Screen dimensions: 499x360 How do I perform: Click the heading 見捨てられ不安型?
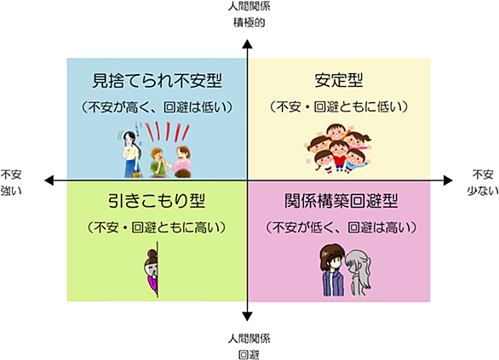[157, 81]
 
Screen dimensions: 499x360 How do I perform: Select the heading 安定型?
[339, 80]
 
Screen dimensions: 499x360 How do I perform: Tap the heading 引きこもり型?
[157, 201]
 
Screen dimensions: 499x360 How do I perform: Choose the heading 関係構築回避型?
[341, 201]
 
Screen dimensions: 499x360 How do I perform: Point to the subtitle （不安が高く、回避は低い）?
[157, 107]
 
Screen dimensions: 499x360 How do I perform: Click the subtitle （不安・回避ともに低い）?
[339, 107]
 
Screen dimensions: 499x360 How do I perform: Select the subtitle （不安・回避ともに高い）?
[157, 228]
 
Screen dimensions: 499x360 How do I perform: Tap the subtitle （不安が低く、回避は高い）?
[341, 228]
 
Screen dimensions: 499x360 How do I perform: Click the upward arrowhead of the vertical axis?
[247, 44]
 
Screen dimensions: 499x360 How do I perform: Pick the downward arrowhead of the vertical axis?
[247, 317]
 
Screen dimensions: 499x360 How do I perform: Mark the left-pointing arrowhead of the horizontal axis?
[49, 180]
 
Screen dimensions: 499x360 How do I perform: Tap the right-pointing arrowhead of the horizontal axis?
[448, 180]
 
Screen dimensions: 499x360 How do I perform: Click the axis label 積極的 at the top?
[249, 23]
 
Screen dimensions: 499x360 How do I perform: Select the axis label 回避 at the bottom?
[249, 355]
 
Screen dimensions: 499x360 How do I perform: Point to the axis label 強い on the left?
[11, 191]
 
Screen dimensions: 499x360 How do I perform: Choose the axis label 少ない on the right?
[483, 191]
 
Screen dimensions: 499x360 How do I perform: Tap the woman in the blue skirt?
[132, 155]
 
